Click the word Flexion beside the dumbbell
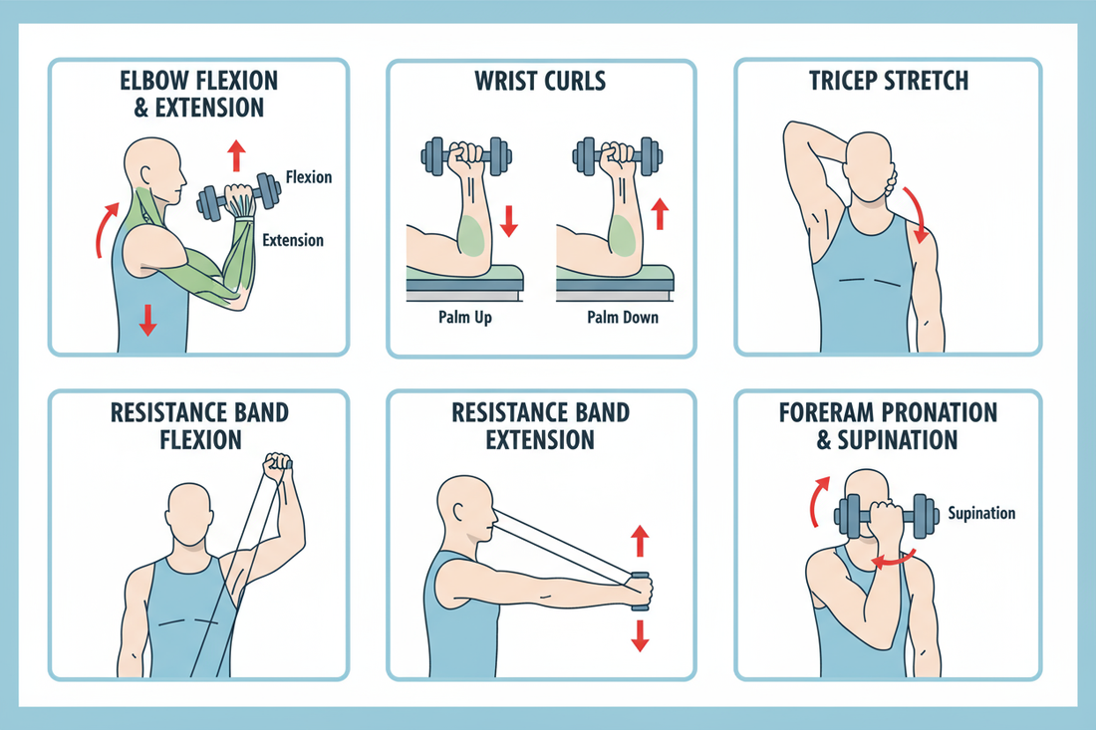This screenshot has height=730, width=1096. tap(308, 178)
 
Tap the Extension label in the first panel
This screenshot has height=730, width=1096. tap(292, 240)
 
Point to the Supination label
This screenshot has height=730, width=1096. tap(980, 513)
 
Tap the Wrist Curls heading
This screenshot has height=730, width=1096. tap(541, 81)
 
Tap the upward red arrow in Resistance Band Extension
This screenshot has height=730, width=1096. tap(640, 542)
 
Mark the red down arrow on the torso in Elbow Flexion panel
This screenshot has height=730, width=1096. tap(147, 319)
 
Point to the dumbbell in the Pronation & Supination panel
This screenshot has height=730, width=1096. tap(886, 518)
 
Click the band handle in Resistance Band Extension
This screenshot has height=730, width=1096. tap(640, 589)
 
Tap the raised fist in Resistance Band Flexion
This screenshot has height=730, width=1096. tap(277, 465)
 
